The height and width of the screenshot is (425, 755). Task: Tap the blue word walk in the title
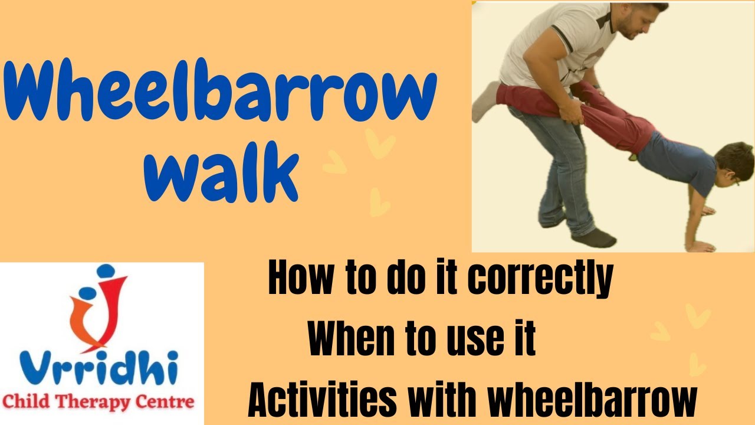pyautogui.click(x=219, y=171)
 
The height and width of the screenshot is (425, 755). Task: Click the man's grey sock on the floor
pyautogui.click(x=593, y=237)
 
